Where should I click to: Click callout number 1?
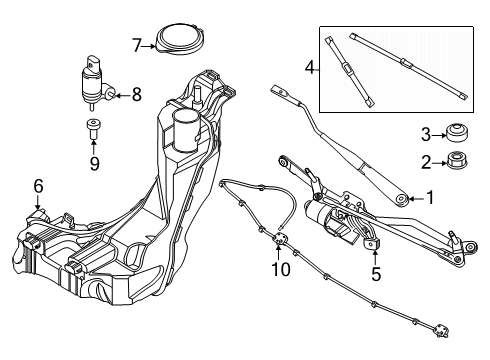[431, 198]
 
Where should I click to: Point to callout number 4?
[310, 68]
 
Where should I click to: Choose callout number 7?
[138, 44]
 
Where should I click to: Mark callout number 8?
[136, 96]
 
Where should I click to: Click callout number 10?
[281, 270]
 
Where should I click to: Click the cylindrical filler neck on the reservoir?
[186, 130]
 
